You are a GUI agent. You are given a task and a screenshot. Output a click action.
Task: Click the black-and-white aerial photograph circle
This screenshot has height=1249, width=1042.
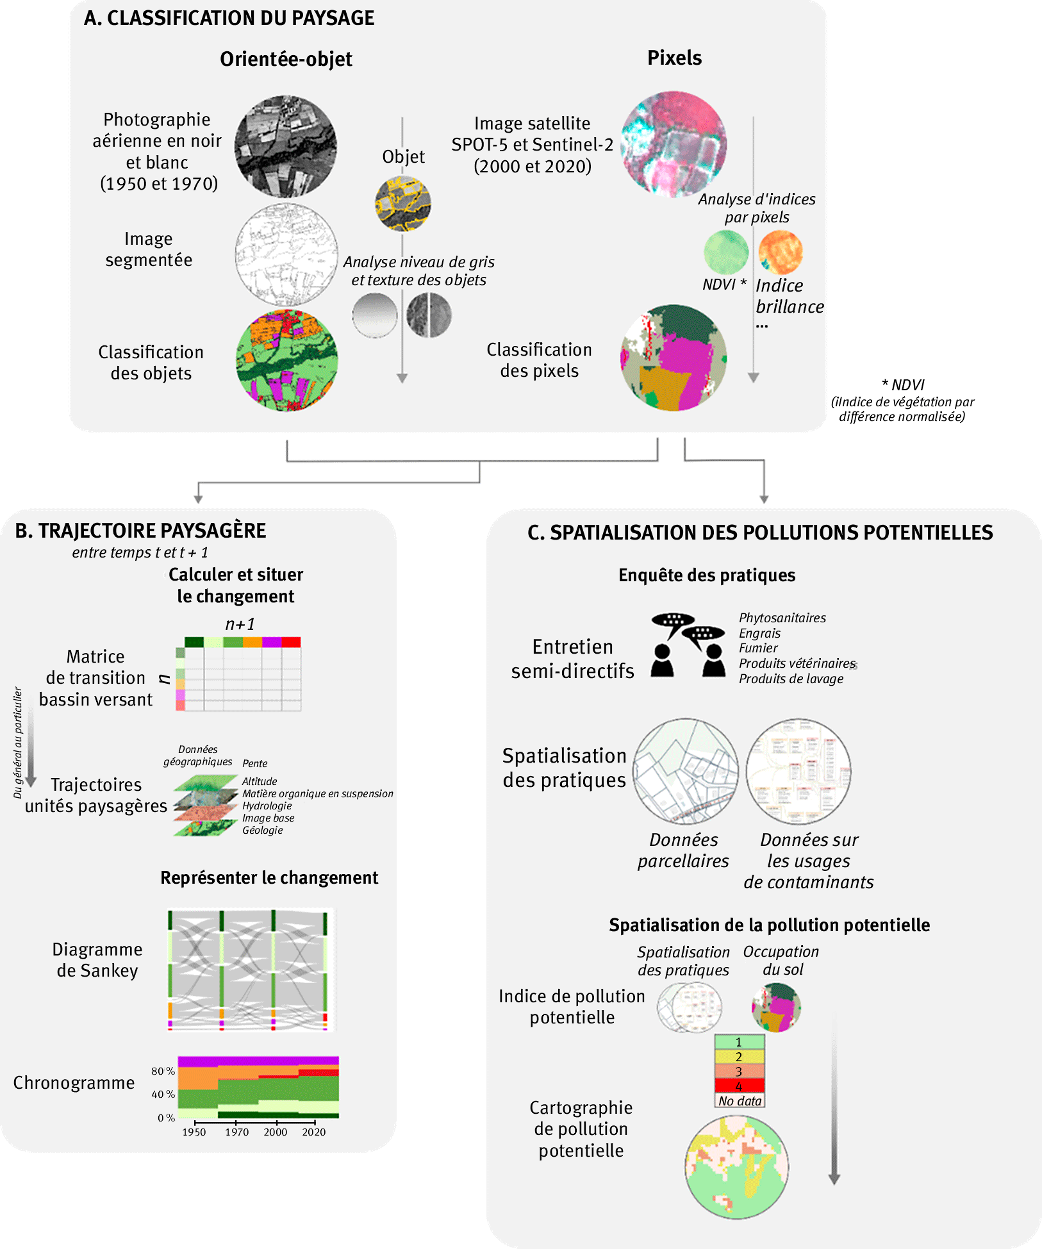click(x=285, y=147)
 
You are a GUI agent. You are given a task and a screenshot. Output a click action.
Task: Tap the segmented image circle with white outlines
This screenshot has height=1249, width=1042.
click(x=286, y=254)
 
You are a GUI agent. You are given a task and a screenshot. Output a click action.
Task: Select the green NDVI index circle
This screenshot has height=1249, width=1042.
click(x=726, y=252)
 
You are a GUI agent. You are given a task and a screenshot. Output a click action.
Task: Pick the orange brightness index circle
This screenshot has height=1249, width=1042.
click(x=780, y=252)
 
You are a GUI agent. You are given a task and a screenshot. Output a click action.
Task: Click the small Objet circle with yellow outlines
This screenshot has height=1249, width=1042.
click(x=402, y=204)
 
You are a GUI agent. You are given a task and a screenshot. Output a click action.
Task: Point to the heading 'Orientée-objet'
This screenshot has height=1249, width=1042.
click(x=286, y=59)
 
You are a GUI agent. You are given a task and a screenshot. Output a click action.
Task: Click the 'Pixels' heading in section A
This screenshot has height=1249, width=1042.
click(x=674, y=58)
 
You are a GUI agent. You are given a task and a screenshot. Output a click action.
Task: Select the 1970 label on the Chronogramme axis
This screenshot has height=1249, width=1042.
click(x=236, y=1132)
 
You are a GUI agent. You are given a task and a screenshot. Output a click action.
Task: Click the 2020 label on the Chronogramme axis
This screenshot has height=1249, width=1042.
click(x=314, y=1132)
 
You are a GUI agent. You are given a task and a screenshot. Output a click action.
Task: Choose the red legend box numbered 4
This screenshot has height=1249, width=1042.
click(x=740, y=1086)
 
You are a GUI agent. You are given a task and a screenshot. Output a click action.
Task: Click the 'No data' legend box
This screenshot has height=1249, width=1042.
click(x=740, y=1100)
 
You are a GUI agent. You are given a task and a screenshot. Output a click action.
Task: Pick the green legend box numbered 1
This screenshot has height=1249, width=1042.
click(x=740, y=1042)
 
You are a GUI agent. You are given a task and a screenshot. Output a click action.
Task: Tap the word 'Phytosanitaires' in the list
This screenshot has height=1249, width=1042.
click(x=782, y=618)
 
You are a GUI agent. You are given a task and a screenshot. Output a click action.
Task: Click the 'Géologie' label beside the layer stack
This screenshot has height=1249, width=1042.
click(x=262, y=830)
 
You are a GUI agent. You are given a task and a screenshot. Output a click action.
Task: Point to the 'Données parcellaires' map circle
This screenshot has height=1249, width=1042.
click(x=686, y=771)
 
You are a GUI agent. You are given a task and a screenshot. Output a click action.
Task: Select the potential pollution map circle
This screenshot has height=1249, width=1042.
click(x=736, y=1167)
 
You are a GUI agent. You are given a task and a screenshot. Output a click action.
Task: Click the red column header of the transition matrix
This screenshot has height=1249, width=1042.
click(x=291, y=642)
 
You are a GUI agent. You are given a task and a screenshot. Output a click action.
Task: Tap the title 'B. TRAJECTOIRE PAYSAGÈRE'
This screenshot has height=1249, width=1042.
click(x=140, y=531)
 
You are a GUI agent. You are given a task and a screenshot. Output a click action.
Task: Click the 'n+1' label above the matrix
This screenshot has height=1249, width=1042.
click(x=240, y=624)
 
